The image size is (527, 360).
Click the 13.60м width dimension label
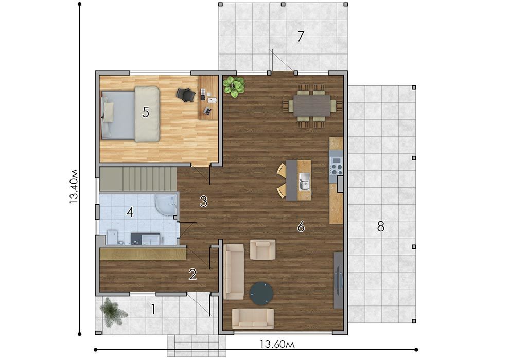point(277,344)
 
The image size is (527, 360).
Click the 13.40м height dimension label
point(74,186)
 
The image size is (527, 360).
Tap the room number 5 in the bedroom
point(145,112)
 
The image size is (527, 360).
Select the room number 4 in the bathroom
point(130,212)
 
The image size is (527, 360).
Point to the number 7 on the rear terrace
point(301,37)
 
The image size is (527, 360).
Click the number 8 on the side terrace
point(380,227)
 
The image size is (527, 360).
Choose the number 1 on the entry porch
point(153,309)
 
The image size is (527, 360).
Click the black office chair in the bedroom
point(185,94)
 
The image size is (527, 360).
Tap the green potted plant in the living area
point(234,86)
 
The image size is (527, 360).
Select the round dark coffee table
point(261,294)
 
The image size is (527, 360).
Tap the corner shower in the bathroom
point(166,205)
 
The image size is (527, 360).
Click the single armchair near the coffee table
point(263,249)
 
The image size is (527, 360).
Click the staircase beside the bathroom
point(138,179)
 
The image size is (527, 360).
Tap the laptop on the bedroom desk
point(208,111)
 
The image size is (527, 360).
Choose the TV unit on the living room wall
point(339,280)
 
